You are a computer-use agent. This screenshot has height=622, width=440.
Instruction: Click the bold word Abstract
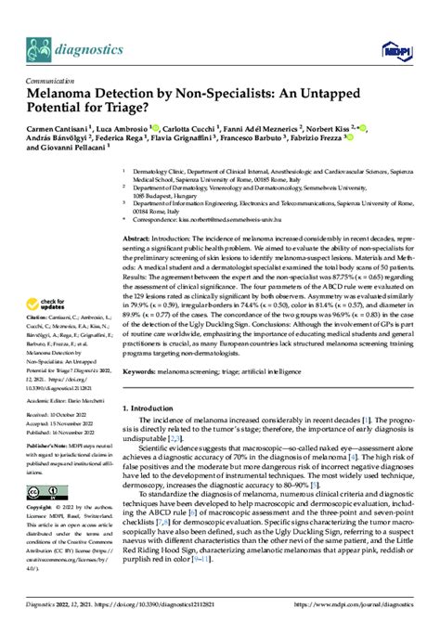[x=138, y=238]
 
